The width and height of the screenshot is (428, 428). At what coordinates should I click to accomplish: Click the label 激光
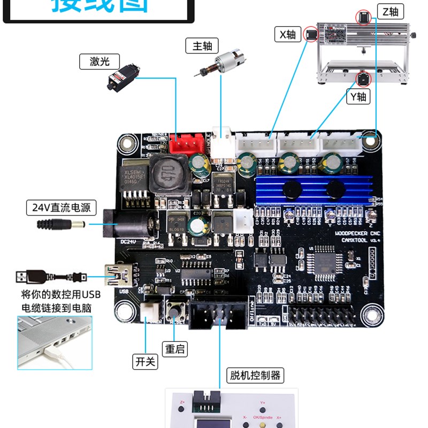[x=100, y=62]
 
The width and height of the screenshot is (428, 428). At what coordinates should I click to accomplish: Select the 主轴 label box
[x=202, y=46]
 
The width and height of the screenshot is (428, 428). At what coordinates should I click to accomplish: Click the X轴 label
[x=287, y=35]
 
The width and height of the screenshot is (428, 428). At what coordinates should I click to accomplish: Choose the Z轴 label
[x=390, y=12]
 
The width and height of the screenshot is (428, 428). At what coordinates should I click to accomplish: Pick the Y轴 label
[x=357, y=97]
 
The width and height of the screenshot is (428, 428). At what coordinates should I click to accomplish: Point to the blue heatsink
[x=312, y=190]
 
